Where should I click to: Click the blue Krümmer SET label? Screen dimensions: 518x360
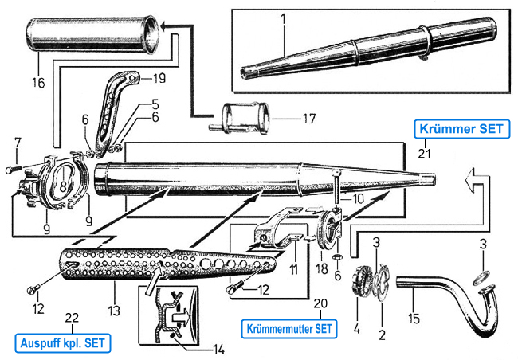coord(462,129)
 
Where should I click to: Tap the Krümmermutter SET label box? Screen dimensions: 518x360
coord(289,329)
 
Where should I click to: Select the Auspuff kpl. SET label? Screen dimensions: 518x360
coord(63,343)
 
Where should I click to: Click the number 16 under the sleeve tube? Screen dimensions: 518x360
coord(38,82)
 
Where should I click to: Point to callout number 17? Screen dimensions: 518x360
coord(309,118)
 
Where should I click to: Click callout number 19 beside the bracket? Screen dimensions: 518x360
coord(159,78)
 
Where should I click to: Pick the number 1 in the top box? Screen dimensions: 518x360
coord(283,19)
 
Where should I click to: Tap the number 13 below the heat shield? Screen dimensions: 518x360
coord(114,311)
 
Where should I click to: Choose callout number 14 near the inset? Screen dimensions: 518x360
coord(218,350)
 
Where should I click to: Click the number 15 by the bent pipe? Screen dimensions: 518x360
coord(414,318)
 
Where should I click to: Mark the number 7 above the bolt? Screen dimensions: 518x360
coord(18,143)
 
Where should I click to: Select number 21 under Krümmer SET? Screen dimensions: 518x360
coord(424,153)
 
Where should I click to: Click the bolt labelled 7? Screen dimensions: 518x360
coord(14,170)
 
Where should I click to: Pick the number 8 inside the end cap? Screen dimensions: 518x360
coord(63,186)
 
